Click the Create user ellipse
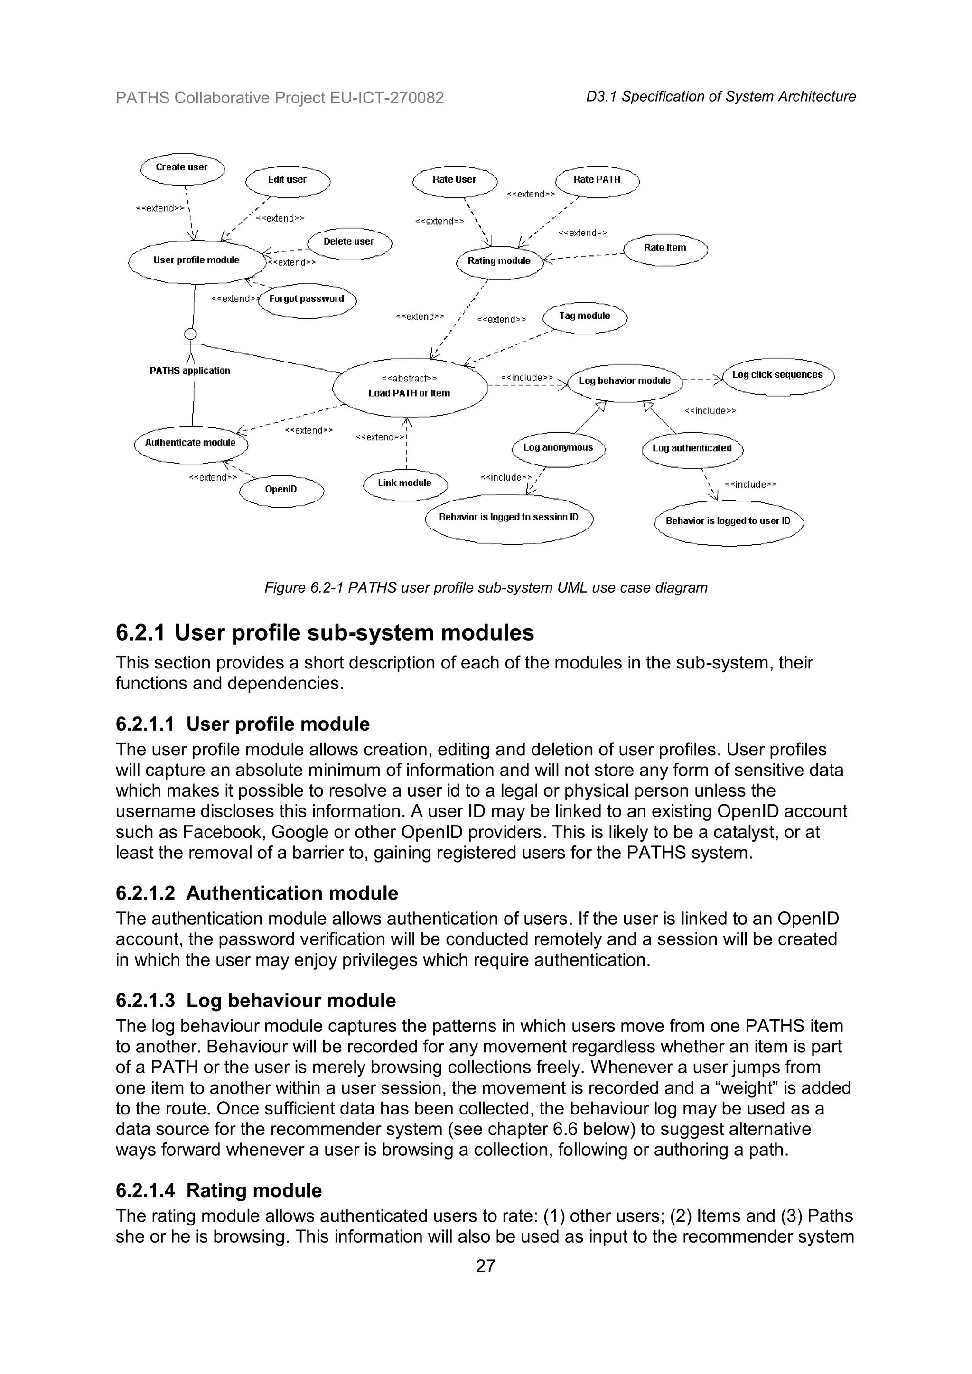182,168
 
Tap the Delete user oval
349,242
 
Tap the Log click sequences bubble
777,376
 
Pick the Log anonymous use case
558,448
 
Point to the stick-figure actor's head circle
190,334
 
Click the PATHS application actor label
190,371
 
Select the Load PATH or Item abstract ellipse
410,387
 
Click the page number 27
486,1266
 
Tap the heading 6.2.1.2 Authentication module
257,893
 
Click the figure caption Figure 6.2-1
486,588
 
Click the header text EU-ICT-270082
387,98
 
